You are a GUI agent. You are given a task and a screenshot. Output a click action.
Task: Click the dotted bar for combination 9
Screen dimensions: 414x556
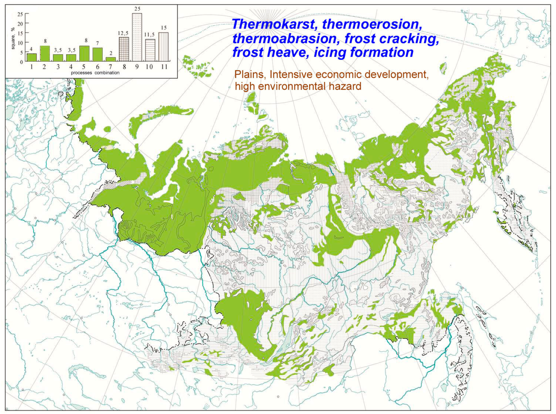(x=137, y=38)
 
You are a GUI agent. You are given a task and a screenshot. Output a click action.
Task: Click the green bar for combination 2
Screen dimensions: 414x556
(x=45, y=54)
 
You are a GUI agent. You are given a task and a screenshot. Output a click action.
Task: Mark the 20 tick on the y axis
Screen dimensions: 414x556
(x=20, y=23)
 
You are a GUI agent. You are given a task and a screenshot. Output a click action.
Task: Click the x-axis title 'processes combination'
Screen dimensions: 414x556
(x=95, y=73)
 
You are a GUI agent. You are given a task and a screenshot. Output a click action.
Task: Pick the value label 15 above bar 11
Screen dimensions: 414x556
(x=164, y=28)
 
